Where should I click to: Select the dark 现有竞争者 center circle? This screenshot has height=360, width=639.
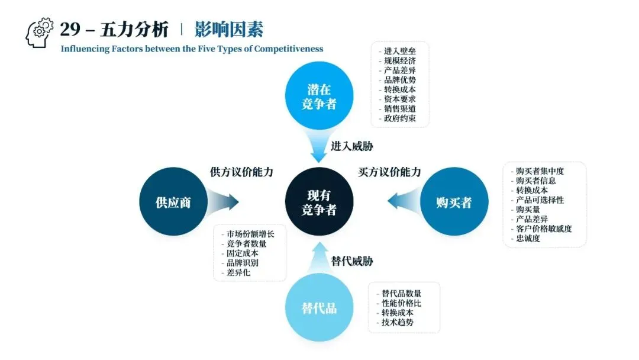point(319,202)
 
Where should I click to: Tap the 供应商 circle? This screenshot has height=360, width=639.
point(173,202)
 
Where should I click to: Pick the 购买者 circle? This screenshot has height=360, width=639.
point(454,202)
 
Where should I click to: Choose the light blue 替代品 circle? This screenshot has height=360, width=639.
point(319,308)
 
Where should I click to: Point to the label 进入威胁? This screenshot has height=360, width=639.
point(352,146)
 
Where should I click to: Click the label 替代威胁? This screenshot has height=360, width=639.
point(352,261)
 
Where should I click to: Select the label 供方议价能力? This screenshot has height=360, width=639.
point(241,172)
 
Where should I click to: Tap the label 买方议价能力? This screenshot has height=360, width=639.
point(389,172)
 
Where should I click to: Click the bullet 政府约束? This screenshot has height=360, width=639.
point(399,118)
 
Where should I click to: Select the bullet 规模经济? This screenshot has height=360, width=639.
point(399,61)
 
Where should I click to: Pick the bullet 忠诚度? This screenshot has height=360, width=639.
point(527,239)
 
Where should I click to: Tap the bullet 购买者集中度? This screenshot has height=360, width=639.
point(539,171)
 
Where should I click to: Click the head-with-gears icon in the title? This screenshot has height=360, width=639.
point(40,32)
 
